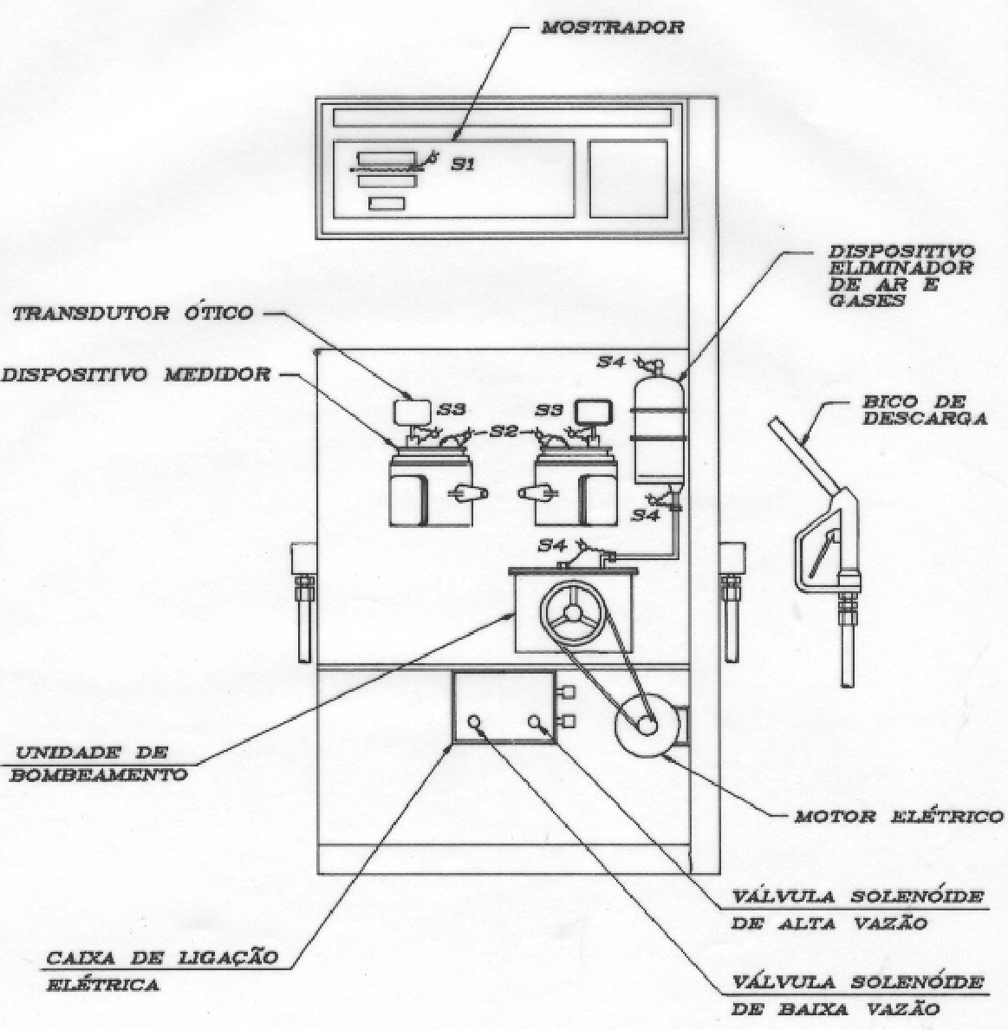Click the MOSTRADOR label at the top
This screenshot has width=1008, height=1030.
click(612, 28)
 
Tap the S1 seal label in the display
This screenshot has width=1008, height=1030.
click(463, 164)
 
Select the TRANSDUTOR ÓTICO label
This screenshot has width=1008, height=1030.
click(133, 313)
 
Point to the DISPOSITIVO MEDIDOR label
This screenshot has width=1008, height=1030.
click(136, 375)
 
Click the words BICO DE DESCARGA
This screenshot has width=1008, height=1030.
click(925, 410)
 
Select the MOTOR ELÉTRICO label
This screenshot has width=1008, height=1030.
click(898, 817)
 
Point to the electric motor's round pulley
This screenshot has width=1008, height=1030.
click(647, 725)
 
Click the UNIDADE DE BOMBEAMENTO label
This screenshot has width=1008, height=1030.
click(99, 763)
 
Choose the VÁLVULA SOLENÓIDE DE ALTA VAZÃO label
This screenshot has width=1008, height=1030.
click(857, 909)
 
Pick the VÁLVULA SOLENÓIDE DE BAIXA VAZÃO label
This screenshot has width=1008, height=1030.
click(857, 995)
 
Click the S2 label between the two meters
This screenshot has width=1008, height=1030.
click(504, 432)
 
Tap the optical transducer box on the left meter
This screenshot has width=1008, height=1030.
click(412, 412)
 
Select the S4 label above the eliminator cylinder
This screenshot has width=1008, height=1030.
click(611, 362)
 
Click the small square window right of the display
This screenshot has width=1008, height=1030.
click(628, 179)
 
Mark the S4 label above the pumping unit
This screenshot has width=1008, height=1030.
click(553, 544)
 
